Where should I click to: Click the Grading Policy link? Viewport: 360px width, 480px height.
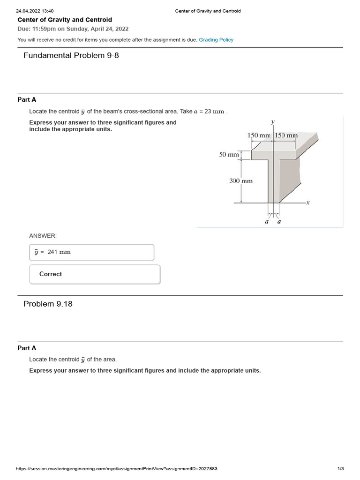216,40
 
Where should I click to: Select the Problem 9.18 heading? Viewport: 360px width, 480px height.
48,304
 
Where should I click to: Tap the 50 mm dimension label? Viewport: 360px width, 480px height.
229,154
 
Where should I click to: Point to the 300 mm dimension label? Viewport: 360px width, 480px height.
241,180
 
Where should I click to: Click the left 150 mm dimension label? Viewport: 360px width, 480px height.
259,135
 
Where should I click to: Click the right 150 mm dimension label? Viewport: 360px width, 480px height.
286,135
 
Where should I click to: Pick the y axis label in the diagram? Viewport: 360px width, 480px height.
273,122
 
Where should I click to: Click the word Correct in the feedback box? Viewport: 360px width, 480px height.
51,274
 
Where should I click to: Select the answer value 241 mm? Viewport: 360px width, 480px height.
59,252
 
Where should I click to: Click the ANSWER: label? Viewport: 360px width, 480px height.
43,236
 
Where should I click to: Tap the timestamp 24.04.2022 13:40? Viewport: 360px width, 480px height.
35,11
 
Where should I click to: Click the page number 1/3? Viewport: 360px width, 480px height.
341,469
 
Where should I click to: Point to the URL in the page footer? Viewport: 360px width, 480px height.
116,469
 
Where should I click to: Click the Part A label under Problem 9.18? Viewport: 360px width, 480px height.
27,348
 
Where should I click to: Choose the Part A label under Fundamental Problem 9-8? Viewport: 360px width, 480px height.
27,100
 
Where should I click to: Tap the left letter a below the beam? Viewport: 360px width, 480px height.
267,222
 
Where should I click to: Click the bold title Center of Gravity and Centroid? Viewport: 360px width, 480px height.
65,20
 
